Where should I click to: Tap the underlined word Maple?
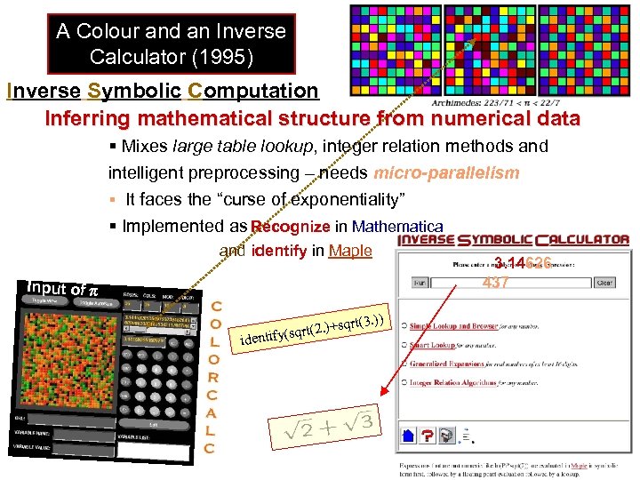click(350, 251)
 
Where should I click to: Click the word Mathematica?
click(397, 227)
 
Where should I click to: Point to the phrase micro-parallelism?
click(447, 172)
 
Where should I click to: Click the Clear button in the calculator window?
click(604, 283)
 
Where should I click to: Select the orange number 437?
click(496, 284)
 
